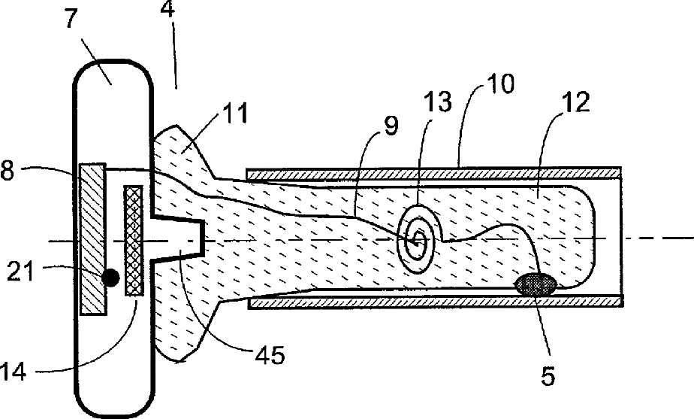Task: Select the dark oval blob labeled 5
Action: click(x=536, y=284)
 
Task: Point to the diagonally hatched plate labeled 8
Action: click(x=92, y=239)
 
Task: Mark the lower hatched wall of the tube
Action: click(x=436, y=302)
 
